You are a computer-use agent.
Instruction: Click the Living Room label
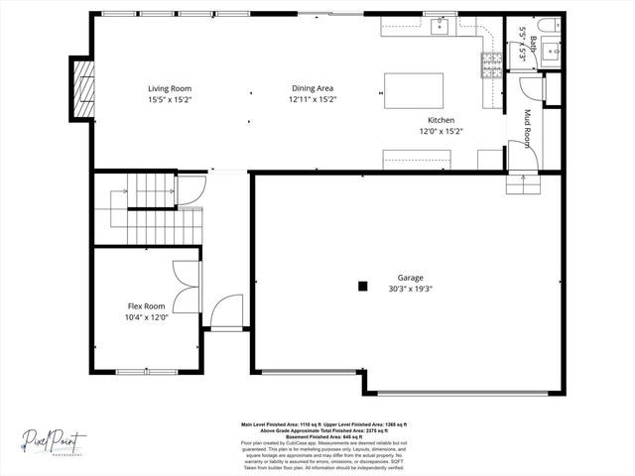[170, 88]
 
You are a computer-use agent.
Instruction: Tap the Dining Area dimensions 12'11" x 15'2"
[313, 99]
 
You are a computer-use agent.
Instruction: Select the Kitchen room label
[434, 120]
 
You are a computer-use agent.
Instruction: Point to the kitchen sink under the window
[440, 26]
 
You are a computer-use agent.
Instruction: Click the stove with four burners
[490, 64]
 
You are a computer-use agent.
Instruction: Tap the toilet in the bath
[549, 24]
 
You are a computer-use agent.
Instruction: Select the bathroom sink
[550, 50]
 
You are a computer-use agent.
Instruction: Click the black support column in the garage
[363, 287]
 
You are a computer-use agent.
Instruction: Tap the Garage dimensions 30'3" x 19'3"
[416, 289]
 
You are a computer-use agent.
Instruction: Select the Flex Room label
[146, 306]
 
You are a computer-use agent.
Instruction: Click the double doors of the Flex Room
[187, 287]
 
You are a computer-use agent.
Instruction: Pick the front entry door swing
[227, 310]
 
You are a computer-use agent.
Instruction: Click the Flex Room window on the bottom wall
[147, 372]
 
